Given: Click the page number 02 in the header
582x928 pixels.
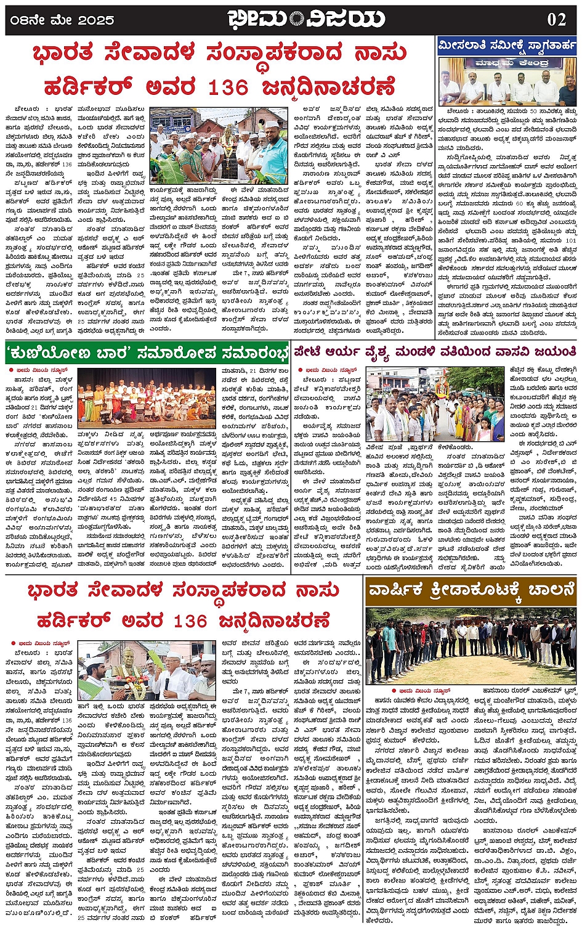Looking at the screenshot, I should click(556, 19).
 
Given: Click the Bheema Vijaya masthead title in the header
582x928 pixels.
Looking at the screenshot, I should click(306, 18).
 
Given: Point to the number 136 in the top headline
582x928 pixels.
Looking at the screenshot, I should click(227, 88).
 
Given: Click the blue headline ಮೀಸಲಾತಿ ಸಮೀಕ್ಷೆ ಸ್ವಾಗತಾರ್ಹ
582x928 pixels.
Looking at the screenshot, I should click(506, 46).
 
